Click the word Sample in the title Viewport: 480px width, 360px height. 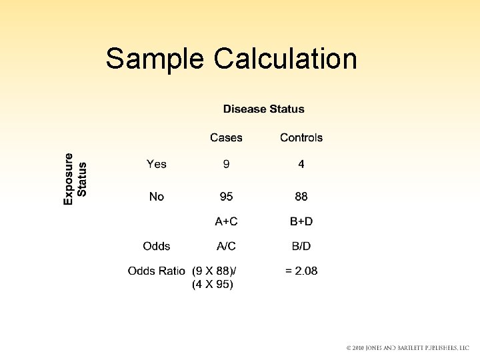(x=155, y=59)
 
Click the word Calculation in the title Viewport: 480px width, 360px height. (x=285, y=59)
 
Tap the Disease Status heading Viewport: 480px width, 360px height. (x=263, y=109)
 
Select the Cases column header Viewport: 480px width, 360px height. (x=226, y=138)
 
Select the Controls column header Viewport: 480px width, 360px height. (x=301, y=138)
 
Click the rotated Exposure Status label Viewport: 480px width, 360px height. (x=75, y=179)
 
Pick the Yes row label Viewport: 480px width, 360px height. (x=157, y=164)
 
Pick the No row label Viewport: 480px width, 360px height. (x=157, y=197)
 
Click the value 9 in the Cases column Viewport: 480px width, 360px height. (x=227, y=164)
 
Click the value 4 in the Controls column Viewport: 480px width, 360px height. (x=301, y=164)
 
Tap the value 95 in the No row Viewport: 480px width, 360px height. (x=227, y=197)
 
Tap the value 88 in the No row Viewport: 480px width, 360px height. (x=301, y=197)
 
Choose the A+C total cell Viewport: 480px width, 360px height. (x=226, y=221)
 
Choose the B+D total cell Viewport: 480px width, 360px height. (x=301, y=221)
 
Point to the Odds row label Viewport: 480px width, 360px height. (x=157, y=246)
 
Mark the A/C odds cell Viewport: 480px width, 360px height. (x=226, y=246)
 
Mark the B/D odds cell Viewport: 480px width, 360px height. (x=301, y=246)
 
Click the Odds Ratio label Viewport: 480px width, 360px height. (x=157, y=271)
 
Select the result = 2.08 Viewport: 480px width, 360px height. (x=301, y=271)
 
